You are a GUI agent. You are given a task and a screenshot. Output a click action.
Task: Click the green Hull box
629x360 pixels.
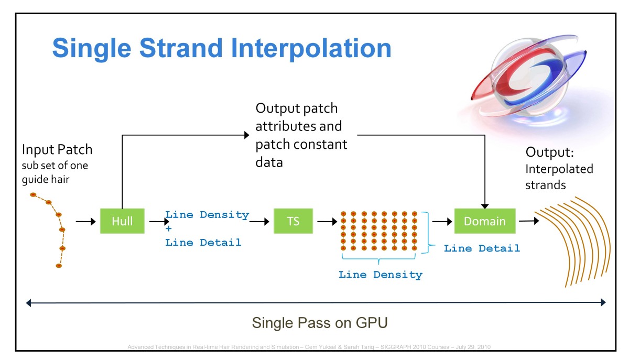pyautogui.click(x=122, y=221)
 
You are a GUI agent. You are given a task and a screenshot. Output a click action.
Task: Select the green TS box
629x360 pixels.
pyautogui.click(x=293, y=221)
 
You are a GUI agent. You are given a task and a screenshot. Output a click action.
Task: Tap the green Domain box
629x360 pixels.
pyautogui.click(x=485, y=221)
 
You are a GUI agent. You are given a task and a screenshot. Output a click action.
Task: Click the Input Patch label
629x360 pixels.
pyautogui.click(x=57, y=150)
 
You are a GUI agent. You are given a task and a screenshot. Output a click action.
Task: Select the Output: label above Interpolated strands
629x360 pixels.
pyautogui.click(x=550, y=152)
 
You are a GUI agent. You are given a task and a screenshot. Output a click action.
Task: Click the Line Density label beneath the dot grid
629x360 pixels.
pyautogui.click(x=380, y=274)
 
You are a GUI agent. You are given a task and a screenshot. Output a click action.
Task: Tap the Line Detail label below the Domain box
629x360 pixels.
pyautogui.click(x=482, y=248)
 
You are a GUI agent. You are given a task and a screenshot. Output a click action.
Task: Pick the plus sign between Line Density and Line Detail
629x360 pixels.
pyautogui.click(x=169, y=228)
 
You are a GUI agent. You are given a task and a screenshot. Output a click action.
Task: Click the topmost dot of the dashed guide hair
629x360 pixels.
pyautogui.click(x=33, y=195)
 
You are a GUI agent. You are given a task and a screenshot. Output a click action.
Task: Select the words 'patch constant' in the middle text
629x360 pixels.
pyautogui.click(x=301, y=144)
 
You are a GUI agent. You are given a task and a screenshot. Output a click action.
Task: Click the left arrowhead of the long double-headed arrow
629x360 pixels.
pyautogui.click(x=30, y=302)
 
